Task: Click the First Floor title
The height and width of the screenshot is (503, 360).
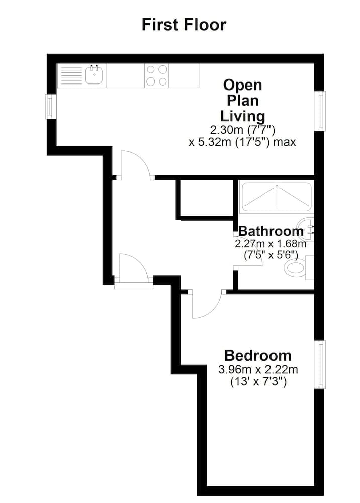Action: point(184,24)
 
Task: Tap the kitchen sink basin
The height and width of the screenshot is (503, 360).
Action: point(94,76)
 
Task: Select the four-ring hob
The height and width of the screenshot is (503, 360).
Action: point(156,76)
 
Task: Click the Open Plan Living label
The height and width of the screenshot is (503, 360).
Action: point(244,100)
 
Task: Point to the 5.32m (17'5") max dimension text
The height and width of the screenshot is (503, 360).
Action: point(242,142)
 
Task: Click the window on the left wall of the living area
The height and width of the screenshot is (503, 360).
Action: point(50,107)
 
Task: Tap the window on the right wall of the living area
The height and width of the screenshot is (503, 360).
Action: point(320,111)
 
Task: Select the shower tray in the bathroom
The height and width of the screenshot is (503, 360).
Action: point(277,197)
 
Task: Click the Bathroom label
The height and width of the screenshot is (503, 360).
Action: point(271,231)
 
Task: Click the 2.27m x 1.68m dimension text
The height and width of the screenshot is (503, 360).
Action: point(271,244)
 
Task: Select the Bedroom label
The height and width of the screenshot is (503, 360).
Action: point(257,356)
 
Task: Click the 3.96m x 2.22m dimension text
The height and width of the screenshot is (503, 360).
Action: point(257,370)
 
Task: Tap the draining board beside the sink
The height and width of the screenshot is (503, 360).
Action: point(71,76)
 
